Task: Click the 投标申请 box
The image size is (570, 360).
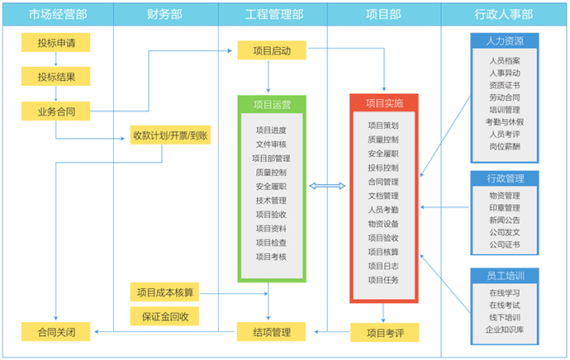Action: [x=55, y=44]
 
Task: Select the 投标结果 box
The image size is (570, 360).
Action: [x=55, y=77]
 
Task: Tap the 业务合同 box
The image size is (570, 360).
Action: [x=55, y=111]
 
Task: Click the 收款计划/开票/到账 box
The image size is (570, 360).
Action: [x=170, y=135]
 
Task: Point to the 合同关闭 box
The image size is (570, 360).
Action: [x=55, y=332]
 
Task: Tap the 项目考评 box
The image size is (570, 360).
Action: [x=384, y=332]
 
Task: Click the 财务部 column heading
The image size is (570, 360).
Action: [x=164, y=14]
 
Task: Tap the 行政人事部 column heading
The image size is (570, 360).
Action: [x=504, y=14]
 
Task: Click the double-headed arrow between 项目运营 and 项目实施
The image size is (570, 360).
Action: [x=327, y=187]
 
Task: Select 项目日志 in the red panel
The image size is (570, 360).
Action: [x=383, y=266]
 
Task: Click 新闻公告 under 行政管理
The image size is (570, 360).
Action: [x=504, y=220]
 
